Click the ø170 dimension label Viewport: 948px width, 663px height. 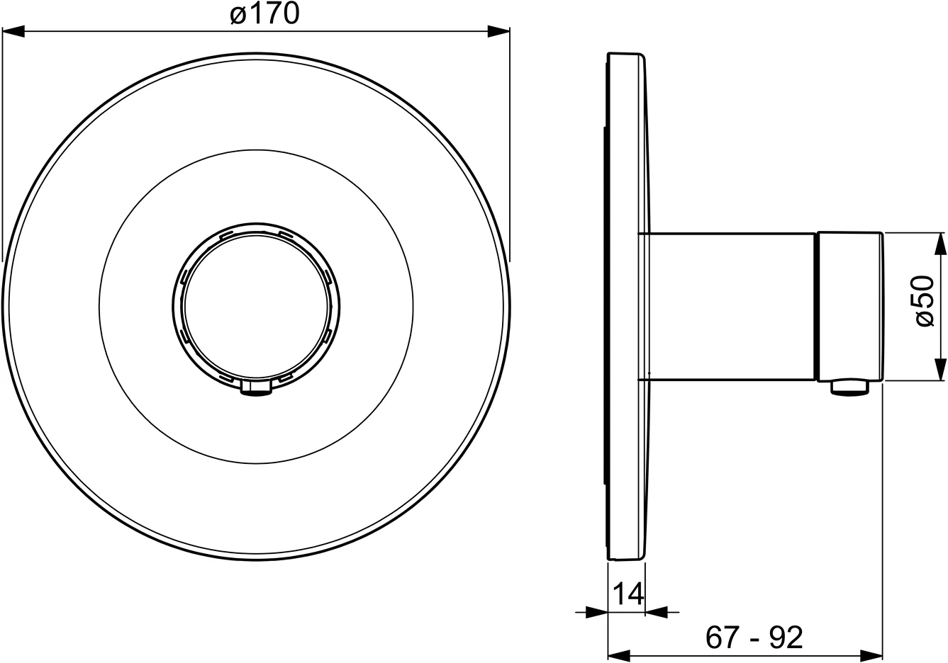tap(264, 13)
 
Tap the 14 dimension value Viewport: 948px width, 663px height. tap(628, 594)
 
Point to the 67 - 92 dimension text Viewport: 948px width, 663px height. tap(754, 637)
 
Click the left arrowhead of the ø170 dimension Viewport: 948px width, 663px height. tap(13, 31)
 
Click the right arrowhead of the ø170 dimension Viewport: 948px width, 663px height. tap(498, 31)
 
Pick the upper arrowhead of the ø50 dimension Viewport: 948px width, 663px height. tap(940, 244)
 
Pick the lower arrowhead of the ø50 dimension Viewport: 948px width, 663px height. tap(940, 369)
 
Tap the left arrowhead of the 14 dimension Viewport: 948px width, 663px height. tap(597, 612)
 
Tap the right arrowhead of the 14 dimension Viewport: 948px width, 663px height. tap(657, 612)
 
